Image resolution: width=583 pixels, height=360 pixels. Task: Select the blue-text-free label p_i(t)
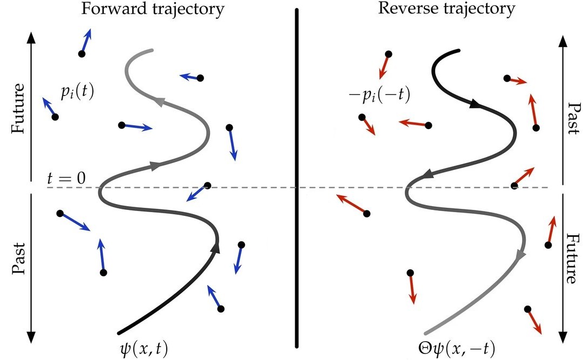point(77,92)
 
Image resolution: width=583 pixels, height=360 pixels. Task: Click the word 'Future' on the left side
point(19,108)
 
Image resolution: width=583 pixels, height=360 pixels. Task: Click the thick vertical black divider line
point(297,178)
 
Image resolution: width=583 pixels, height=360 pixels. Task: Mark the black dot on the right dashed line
point(514,186)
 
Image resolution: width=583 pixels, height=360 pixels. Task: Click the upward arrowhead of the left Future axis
point(31,36)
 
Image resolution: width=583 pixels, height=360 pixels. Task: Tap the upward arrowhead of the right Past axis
point(563,40)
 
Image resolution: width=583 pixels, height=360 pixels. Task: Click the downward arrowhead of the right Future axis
point(563,336)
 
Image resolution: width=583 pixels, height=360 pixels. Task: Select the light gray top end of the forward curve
point(151,51)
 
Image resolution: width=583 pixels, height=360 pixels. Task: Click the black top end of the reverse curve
point(458,51)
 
